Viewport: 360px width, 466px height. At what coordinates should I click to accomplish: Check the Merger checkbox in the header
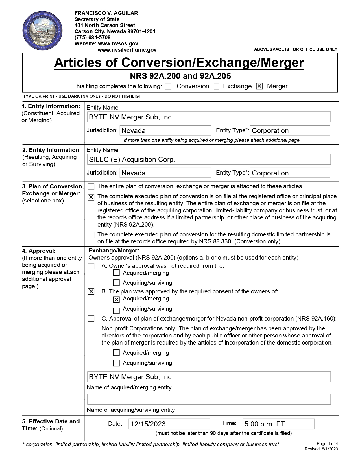point(259,86)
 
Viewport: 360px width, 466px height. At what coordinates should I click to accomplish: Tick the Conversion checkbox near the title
point(168,86)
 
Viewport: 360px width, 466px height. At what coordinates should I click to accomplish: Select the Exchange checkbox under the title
point(217,86)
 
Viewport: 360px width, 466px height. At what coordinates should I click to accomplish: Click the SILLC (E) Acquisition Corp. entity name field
point(209,160)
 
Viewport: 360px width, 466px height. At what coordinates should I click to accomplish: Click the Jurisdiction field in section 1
point(165,130)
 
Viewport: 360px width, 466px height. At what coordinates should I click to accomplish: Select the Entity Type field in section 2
point(290,173)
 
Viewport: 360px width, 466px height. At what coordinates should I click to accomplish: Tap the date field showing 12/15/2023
point(169,424)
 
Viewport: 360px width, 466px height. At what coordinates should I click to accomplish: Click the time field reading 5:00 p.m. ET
point(278,424)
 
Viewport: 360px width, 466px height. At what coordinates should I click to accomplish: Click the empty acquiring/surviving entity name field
point(209,399)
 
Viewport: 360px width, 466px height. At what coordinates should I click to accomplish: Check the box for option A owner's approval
point(91,266)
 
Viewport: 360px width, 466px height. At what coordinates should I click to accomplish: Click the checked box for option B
point(91,291)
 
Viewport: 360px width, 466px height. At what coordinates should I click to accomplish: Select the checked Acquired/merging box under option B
point(116,299)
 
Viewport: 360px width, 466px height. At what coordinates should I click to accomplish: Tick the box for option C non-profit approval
point(91,319)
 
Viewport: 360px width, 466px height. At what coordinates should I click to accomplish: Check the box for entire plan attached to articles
point(91,187)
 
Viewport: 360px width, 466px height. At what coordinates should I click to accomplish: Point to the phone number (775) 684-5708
point(92,38)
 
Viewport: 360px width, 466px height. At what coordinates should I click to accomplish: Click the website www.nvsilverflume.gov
point(127,50)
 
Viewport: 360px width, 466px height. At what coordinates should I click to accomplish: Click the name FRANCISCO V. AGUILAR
point(106,13)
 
